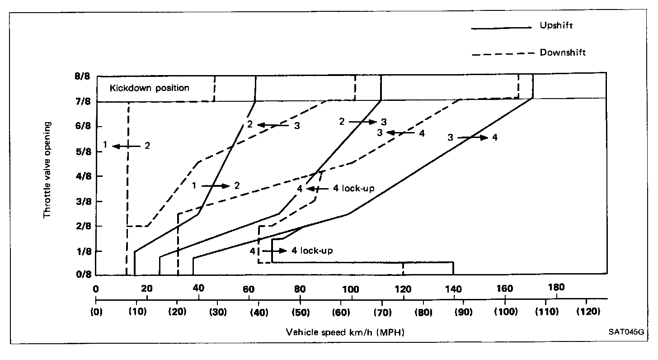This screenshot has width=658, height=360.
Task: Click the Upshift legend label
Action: click(x=556, y=26)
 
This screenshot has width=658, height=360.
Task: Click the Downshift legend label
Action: click(x=563, y=53)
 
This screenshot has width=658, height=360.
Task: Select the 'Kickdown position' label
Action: click(x=150, y=88)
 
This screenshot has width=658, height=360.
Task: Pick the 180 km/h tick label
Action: click(x=556, y=288)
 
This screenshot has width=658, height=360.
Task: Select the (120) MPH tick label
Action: click(x=586, y=312)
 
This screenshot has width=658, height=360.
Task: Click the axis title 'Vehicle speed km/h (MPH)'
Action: click(x=345, y=333)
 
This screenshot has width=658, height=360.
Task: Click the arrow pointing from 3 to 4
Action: click(x=473, y=137)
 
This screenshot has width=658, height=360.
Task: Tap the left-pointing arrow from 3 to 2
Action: click(x=273, y=125)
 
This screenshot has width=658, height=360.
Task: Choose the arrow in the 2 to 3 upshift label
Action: click(x=363, y=122)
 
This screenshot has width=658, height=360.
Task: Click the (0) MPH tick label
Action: click(x=96, y=312)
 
